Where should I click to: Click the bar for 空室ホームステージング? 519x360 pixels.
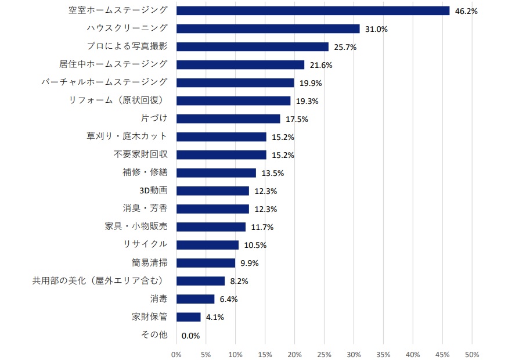point(312,10)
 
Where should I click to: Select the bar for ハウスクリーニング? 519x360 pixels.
point(268,28)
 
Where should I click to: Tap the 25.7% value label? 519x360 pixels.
point(345,47)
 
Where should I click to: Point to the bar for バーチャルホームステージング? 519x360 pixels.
point(235,82)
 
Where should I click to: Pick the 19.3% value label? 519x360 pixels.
point(306,101)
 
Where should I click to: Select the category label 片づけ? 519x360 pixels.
point(154,118)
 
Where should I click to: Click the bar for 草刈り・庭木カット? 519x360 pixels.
point(221,136)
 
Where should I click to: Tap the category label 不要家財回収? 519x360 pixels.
point(140,154)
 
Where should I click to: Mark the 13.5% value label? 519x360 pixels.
point(272,173)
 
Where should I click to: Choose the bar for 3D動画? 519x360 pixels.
point(212,190)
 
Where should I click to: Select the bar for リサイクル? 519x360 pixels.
point(207,244)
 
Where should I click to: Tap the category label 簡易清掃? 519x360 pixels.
point(150,262)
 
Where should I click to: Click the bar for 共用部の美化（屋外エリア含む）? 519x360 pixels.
point(200,280)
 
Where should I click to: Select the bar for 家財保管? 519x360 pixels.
point(188,317)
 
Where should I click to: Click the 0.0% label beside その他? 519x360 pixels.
point(190,336)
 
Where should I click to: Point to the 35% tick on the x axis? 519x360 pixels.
point(383,354)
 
